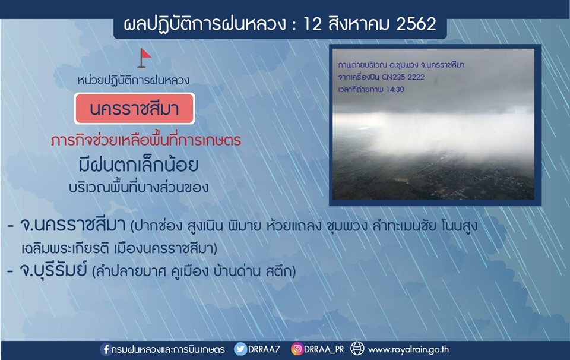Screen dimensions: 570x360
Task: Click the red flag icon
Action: [x=144, y=58]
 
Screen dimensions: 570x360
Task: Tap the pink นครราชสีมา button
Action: [x=135, y=109]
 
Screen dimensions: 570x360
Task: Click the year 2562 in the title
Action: [x=416, y=24]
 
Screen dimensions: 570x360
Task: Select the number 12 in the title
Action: [x=312, y=24]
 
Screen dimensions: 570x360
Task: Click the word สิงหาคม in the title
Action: [x=359, y=24]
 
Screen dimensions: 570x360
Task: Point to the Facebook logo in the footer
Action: [x=106, y=349]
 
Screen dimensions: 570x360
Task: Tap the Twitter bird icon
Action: [x=240, y=349]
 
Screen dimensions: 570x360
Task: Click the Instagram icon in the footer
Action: [x=297, y=349]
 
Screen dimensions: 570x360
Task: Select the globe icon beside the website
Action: [x=357, y=349]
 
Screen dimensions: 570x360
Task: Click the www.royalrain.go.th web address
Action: [x=408, y=350]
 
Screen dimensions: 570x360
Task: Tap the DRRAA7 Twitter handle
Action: [x=264, y=349]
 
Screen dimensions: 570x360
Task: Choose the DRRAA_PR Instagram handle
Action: [x=324, y=349]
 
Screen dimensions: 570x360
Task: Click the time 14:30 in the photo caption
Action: [x=395, y=89]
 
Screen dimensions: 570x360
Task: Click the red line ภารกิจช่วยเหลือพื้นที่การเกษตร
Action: [x=146, y=140]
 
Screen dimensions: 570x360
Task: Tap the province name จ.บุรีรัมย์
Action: [x=53, y=270]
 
